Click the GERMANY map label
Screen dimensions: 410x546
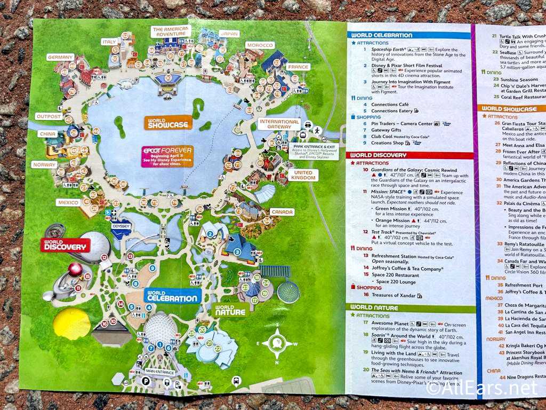point(60,57)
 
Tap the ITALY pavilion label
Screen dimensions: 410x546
point(109,42)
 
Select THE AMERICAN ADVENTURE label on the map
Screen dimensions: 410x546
point(171,31)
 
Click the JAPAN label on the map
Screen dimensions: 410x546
point(228,34)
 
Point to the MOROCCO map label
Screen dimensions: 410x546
point(260,45)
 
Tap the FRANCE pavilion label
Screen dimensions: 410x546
point(298,67)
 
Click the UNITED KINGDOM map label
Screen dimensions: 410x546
point(303,175)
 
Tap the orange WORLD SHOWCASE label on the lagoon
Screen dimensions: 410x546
point(168,123)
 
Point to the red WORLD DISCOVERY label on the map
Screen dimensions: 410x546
point(65,245)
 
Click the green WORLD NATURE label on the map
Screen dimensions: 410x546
point(231,309)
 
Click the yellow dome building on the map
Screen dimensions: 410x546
point(71,323)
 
